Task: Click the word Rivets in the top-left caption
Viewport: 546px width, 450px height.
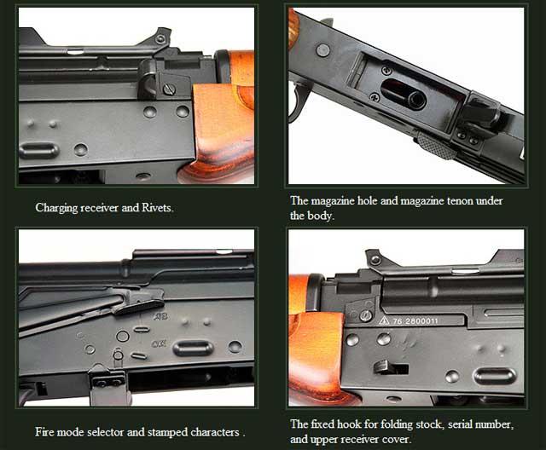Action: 157,208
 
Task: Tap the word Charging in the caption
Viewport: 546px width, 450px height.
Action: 56,208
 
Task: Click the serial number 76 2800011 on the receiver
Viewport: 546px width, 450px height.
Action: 415,321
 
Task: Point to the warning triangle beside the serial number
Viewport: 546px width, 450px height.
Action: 384,320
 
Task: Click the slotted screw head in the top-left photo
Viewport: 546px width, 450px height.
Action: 169,89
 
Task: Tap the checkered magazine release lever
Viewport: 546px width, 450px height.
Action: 437,145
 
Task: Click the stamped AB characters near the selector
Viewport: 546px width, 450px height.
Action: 160,316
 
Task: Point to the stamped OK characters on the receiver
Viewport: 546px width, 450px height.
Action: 159,344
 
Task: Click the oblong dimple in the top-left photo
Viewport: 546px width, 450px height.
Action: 38,150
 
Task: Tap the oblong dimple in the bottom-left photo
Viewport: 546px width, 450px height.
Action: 193,348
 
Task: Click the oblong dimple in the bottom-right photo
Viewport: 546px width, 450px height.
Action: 494,376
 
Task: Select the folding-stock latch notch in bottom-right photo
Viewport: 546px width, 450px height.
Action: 391,367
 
